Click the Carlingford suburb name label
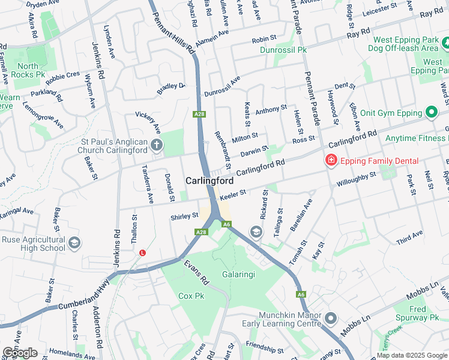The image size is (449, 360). (x=209, y=181)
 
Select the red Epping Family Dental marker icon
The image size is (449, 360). (x=330, y=160)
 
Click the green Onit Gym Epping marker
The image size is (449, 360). (x=431, y=112)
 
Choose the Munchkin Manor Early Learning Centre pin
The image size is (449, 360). (x=331, y=318)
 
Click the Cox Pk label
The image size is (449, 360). (x=191, y=296)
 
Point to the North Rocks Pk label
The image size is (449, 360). (x=32, y=70)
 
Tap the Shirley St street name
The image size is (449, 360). (x=184, y=216)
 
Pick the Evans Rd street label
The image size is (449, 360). (x=196, y=272)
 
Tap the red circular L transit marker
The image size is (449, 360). (x=142, y=253)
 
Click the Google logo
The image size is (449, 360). (x=20, y=353)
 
